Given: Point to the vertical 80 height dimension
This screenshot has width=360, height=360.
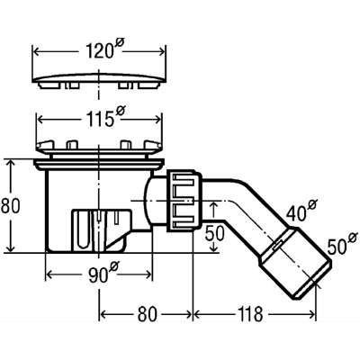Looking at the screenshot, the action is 10,205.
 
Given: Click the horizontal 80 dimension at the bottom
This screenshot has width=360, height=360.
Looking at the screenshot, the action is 147,314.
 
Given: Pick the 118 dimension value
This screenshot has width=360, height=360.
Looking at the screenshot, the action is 250,314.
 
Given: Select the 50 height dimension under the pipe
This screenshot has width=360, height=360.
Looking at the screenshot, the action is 215,233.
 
